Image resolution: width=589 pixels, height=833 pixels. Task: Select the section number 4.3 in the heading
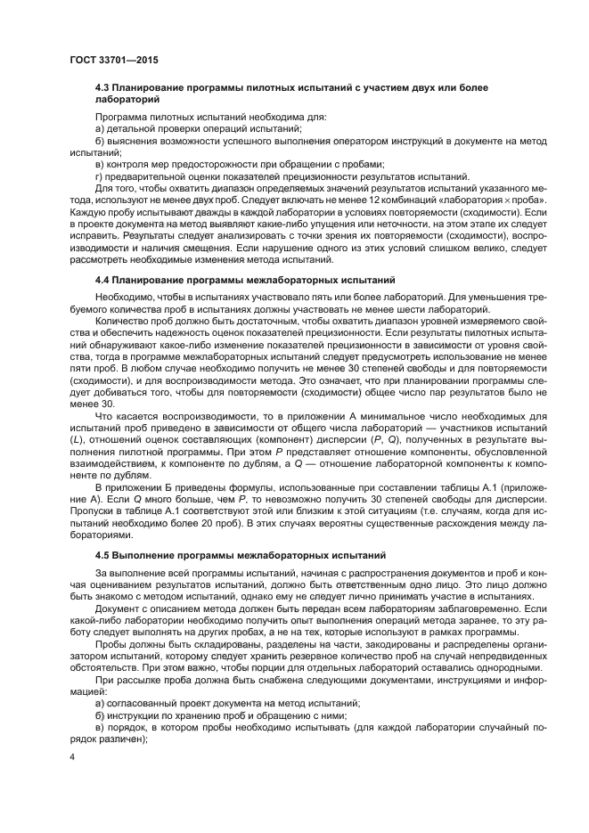(x=104, y=87)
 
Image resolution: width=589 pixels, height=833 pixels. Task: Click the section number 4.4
(x=104, y=281)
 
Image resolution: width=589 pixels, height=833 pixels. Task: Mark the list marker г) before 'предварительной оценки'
(x=100, y=176)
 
